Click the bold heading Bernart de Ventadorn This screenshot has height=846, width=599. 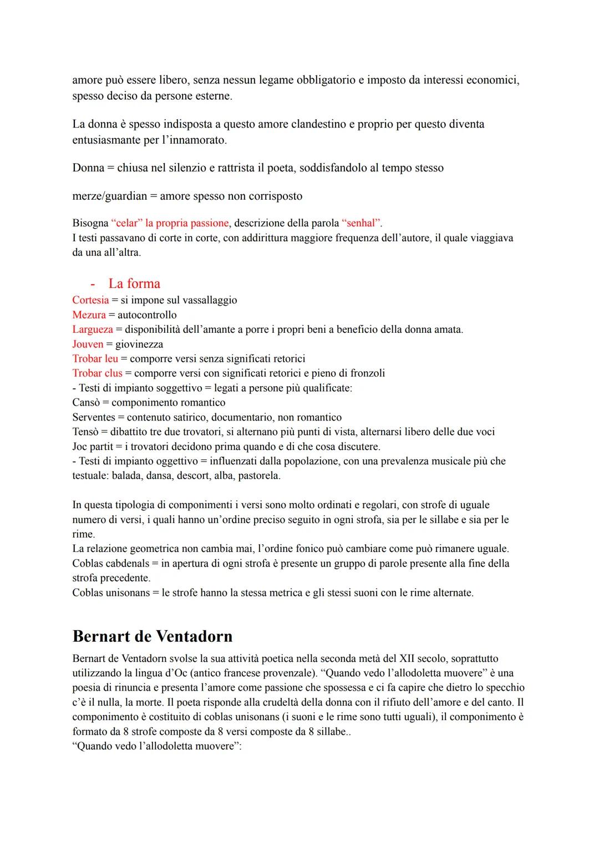tap(152, 636)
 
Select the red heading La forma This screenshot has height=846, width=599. tap(134, 283)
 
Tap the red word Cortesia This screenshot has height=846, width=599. tap(90, 300)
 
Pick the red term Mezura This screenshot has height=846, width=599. tap(89, 315)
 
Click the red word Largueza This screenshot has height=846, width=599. tap(92, 330)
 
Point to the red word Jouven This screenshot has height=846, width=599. tap(88, 344)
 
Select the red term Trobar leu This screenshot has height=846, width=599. tap(95, 358)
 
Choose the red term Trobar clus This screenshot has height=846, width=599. tap(97, 373)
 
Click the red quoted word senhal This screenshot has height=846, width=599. tap(362, 223)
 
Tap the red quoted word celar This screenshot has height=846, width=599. tap(126, 223)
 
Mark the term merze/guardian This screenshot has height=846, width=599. tap(109, 196)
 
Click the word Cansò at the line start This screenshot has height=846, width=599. tap(86, 403)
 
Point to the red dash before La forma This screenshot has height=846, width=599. tap(93, 284)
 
